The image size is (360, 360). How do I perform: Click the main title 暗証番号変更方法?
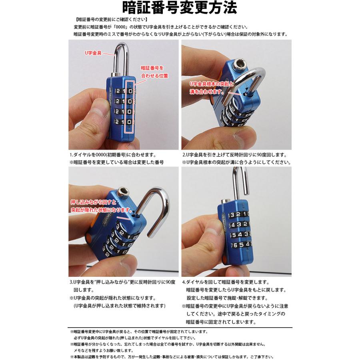180,8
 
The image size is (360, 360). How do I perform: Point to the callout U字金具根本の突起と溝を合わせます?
206,88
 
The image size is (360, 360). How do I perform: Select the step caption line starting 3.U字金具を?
122,282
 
